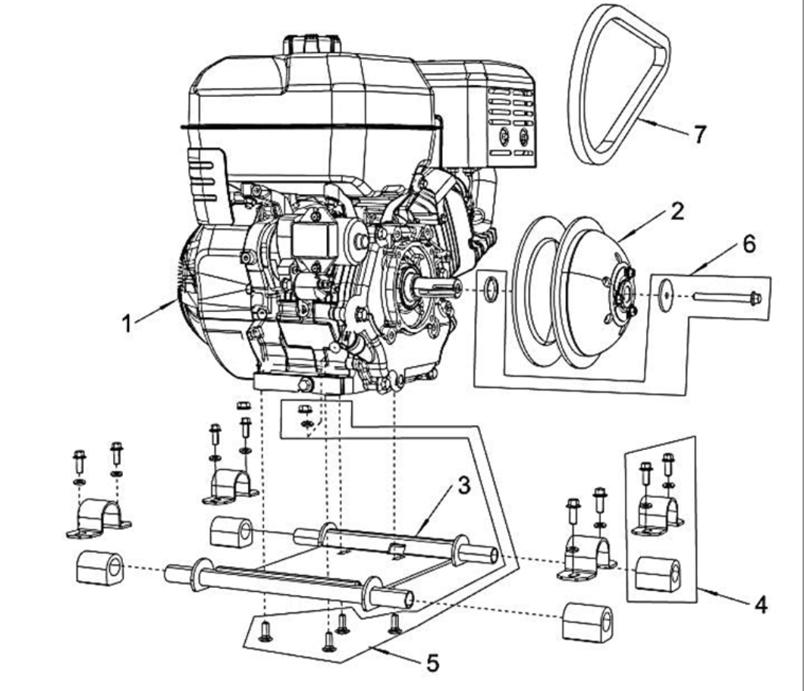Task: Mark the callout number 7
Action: [699, 134]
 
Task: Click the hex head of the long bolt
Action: [755, 299]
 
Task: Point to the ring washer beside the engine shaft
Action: [491, 289]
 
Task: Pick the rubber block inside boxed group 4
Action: [657, 574]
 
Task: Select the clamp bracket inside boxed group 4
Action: [657, 515]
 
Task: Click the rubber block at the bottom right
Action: [586, 622]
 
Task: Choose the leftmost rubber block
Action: [99, 568]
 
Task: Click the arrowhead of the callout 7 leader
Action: [638, 120]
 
